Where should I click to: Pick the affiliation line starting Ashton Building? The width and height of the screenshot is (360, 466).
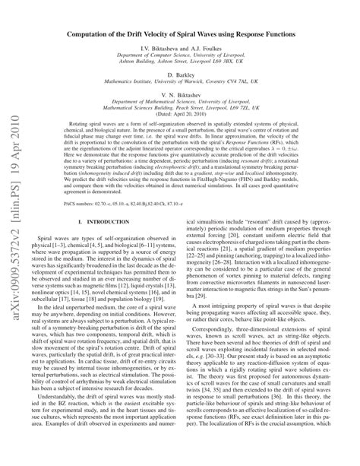[194, 64]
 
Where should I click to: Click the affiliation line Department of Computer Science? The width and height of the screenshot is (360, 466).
[194, 56]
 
